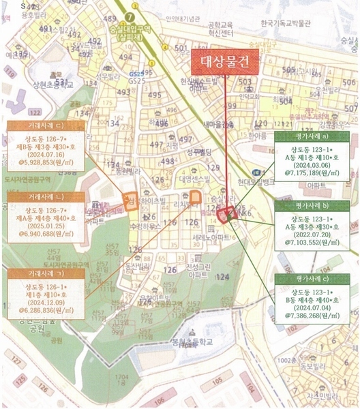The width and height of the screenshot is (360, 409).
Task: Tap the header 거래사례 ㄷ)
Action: [x=46, y=127]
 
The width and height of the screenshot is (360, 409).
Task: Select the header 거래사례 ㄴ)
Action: [x=46, y=197]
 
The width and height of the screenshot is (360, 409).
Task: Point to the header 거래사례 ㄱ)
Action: [x=46, y=273]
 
